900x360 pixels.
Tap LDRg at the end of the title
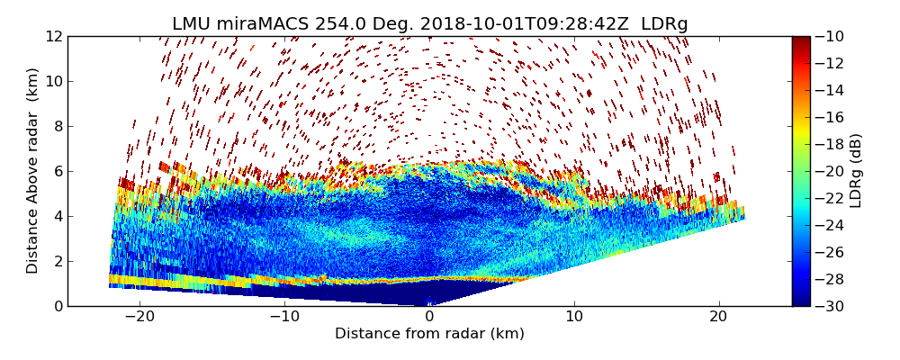[x=664, y=24]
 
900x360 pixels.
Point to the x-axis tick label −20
[x=139, y=318]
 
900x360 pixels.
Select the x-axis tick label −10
[x=284, y=318]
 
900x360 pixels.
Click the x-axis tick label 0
[x=429, y=318]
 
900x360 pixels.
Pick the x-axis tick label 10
[x=574, y=318]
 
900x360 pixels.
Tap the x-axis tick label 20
[x=718, y=318]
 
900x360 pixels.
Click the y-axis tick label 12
[x=54, y=36]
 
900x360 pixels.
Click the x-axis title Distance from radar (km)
[x=429, y=334]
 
